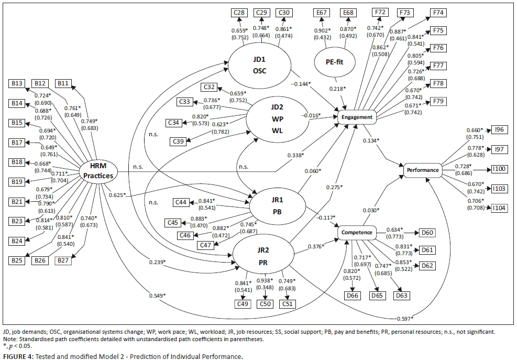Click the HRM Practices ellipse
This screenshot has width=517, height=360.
97,171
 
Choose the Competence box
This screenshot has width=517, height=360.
357,232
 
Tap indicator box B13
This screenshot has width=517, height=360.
16,83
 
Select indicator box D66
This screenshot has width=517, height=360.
354,296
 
